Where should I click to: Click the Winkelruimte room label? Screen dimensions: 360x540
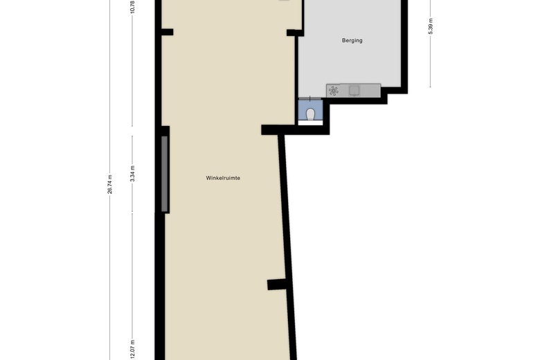[x=223, y=178]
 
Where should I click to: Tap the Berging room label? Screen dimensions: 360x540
[x=352, y=40]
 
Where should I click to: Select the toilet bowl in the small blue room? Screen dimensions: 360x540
[x=311, y=114]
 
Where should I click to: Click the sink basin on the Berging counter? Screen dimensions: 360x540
[x=354, y=90]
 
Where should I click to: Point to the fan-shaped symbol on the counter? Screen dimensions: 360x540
[x=334, y=91]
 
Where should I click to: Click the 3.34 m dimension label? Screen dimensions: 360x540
[x=132, y=172]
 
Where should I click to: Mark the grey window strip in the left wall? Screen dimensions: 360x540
[x=164, y=174]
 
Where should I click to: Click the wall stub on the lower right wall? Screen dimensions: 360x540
[x=276, y=284]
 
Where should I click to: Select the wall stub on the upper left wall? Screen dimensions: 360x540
[x=167, y=31]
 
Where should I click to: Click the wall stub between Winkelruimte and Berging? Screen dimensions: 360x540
[x=294, y=32]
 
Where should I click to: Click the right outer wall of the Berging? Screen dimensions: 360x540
[x=404, y=42]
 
